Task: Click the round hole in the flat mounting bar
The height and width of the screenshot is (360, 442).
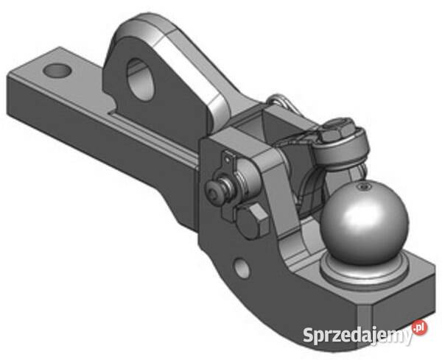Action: [57, 71]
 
